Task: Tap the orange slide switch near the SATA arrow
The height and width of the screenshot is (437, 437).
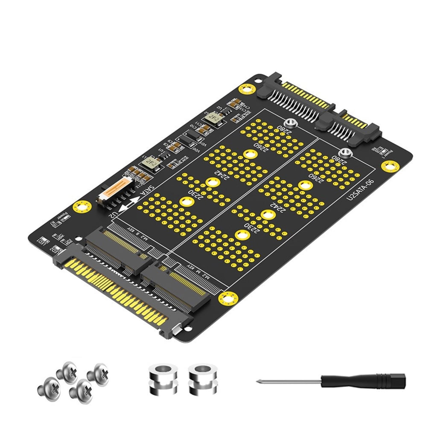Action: click(x=115, y=189)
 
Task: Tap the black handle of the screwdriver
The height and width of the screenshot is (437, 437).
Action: click(x=363, y=380)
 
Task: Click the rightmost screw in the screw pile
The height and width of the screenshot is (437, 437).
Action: click(x=98, y=375)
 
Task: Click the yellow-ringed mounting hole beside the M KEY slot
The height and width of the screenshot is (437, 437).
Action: click(x=227, y=298)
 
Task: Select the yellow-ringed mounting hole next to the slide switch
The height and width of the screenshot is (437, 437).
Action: click(x=82, y=207)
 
